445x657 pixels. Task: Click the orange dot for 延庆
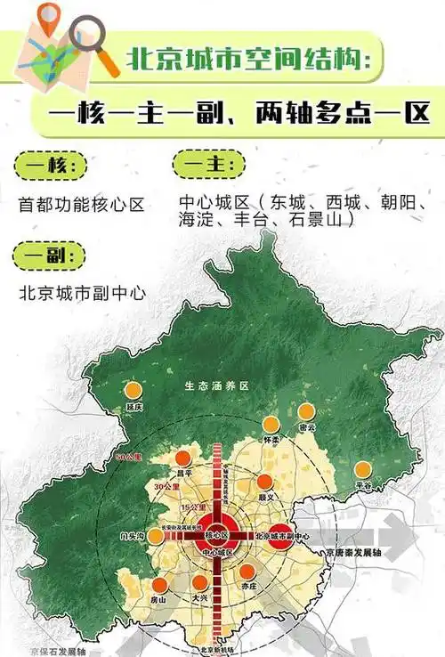pos(133,389)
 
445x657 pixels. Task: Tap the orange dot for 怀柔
pos(271,425)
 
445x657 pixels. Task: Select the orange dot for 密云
pos(306,411)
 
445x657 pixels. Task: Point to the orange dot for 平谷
pos(362,469)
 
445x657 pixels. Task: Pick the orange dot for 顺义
pos(263,482)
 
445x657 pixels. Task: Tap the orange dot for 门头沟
pos(155,536)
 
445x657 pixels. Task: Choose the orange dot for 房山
pos(160,585)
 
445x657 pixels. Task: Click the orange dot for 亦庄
pos(248,572)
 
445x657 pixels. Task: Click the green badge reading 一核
pos(50,166)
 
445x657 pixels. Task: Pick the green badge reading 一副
pos(49,255)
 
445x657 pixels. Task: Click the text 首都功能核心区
pos(81,205)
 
